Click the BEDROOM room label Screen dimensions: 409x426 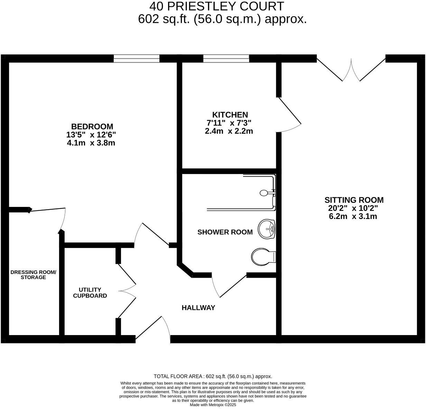pos(92,126)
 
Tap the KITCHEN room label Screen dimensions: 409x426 pos(230,115)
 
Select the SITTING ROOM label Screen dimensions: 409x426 pos(354,200)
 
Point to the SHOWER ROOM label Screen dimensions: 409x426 pos(225,232)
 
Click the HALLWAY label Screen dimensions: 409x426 pos(198,307)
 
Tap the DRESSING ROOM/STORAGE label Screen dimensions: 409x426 pos(33,275)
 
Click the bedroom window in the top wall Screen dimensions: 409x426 pos(137,59)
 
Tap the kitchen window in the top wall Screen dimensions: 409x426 pos(226,59)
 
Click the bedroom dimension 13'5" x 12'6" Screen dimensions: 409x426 pos(92,134)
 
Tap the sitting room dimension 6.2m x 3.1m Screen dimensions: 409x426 pos(354,217)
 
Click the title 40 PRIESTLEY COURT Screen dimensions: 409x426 pos(217,6)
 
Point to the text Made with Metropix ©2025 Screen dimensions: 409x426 pos(213,405)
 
